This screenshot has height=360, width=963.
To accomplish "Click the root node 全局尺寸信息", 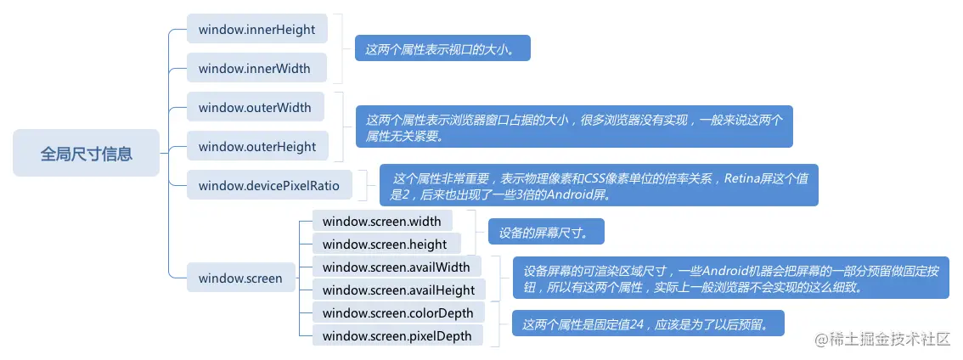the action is pos(86,154).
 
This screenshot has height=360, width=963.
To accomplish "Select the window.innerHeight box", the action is pos(256,30).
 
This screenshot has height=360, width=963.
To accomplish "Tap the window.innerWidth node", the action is pos(255,69).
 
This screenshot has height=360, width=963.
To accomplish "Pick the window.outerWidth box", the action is pos(255,108).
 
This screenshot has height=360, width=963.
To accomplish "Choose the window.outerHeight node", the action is pos(256,147).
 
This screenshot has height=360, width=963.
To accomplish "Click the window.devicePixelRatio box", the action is pos(269,185).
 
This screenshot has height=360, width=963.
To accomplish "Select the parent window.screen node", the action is pos(240,278).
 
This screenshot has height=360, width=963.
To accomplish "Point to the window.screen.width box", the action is pos(382,222).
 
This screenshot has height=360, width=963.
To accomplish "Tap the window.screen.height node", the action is pos(385,245).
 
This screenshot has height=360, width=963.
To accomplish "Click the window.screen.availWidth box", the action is pos(397,267).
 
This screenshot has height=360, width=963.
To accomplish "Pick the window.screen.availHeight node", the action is pos(398,290).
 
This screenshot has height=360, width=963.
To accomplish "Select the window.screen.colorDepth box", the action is pos(397,313).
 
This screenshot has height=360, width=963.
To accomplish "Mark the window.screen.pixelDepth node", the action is pos(397,336).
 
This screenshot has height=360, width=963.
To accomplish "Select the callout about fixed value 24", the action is pos(646,323).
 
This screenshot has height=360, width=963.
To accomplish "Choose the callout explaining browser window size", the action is pos(573,127).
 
